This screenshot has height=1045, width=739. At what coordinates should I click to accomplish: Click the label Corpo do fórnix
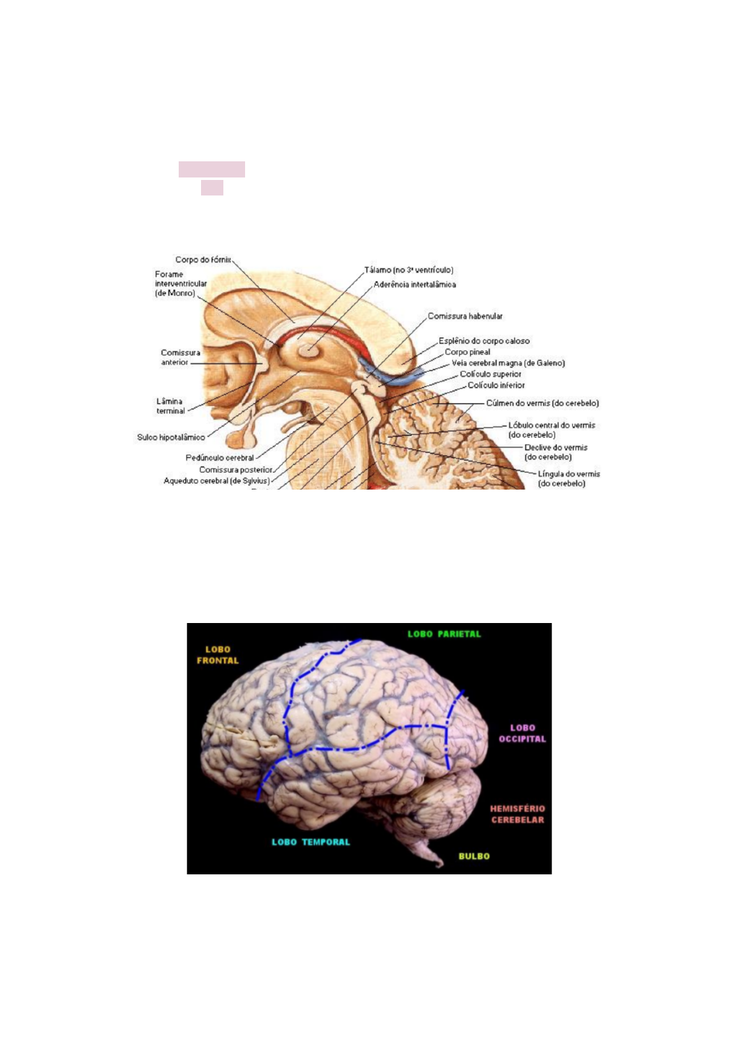point(203,259)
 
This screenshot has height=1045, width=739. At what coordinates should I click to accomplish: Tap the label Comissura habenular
point(465,316)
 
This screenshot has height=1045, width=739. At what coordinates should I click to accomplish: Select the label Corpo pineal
point(467,352)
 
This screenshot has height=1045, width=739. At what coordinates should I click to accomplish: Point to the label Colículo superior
point(490,374)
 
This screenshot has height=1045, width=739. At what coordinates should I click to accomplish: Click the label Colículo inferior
point(496,385)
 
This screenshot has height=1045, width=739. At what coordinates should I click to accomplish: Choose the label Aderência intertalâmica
point(414,284)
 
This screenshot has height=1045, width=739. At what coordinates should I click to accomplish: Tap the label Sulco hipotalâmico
point(171,437)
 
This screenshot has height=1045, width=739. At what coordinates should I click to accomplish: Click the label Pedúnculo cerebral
point(220,457)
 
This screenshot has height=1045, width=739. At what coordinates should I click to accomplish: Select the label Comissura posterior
point(236,469)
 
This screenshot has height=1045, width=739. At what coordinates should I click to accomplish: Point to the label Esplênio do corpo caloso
point(484,341)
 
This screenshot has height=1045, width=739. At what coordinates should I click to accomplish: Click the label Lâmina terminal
point(170,406)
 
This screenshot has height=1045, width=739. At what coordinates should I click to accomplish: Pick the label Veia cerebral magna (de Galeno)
point(508,363)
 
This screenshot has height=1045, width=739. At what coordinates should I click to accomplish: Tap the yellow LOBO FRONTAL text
point(218,655)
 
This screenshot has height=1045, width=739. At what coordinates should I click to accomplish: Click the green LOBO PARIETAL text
point(444,634)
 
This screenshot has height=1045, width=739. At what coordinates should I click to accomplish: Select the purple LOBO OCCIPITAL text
point(522,733)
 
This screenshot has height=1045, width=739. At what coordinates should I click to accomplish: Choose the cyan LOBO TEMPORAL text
point(310,841)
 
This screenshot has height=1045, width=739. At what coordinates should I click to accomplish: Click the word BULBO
point(474,856)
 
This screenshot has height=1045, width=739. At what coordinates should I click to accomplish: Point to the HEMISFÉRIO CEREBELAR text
point(517,814)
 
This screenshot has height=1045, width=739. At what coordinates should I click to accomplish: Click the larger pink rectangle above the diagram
point(212,169)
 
